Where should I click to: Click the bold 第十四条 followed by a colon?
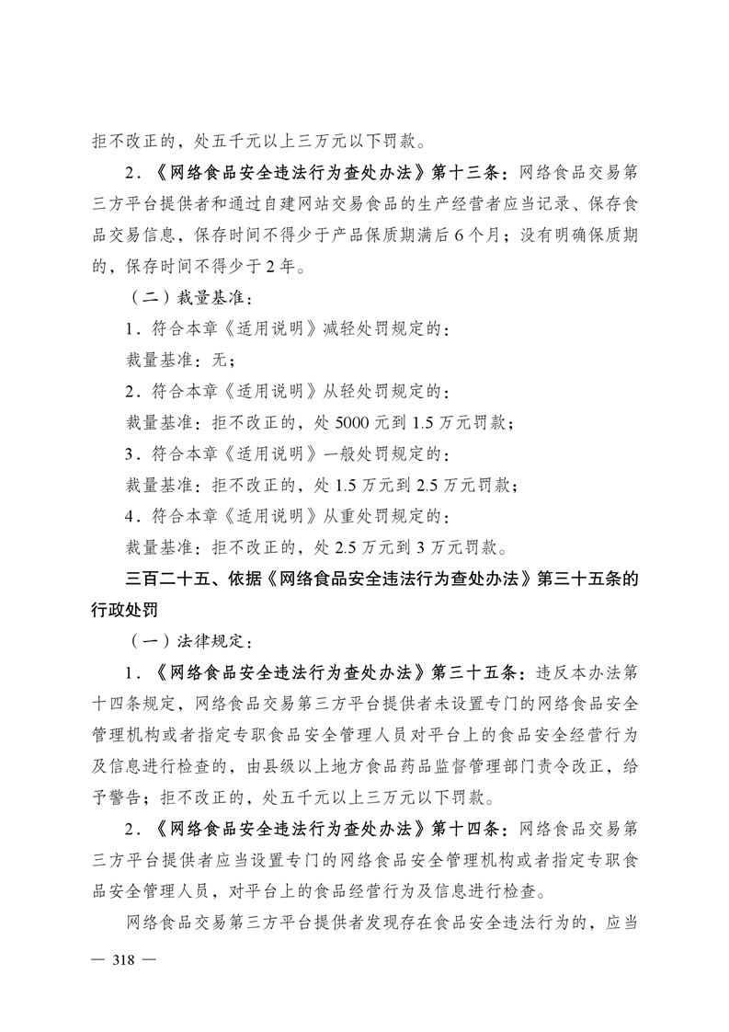pos(464,829)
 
